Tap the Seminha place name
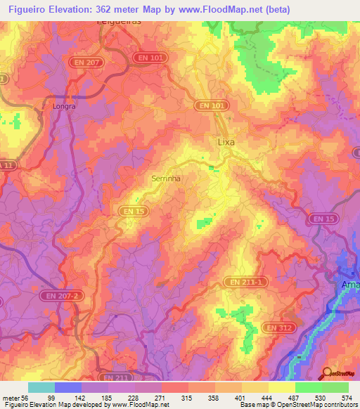coord(167,178)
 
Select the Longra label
coord(63,108)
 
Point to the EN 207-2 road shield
coord(57,296)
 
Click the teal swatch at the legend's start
coord(41,387)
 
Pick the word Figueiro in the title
coord(28,9)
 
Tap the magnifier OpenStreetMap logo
coord(328,374)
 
